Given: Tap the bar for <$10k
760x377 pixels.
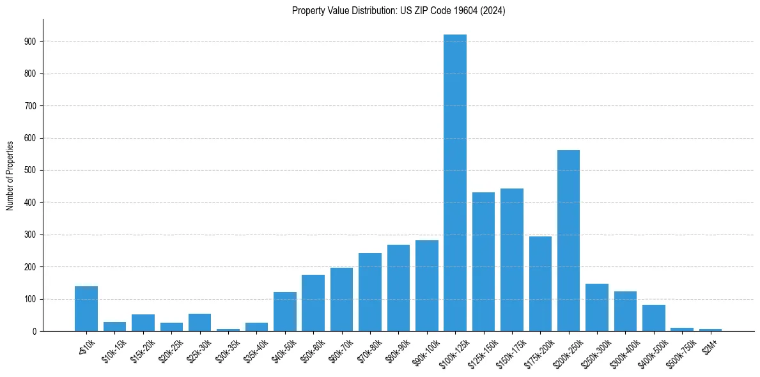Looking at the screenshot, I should point(86,309).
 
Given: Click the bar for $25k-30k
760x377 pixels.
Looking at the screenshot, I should point(199,323).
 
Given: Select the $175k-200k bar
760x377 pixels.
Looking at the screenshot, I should point(540,284).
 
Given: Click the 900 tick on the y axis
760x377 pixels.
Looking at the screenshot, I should point(32,42).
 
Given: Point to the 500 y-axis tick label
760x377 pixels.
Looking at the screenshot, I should point(32,171).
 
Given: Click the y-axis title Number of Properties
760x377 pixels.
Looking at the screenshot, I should point(10,175).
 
